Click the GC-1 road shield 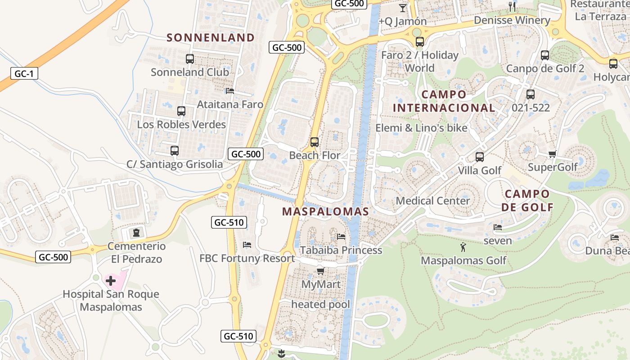pos(24,74)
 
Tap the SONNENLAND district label pos(211,38)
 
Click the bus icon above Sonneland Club pos(190,59)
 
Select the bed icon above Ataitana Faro pos(230,91)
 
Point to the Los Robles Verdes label pos(181,125)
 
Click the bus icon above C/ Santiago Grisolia pos(175,151)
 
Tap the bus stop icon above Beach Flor pos(315,142)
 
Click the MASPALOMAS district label pos(325,211)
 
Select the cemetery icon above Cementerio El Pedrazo pos(136,233)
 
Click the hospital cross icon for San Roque pos(111,281)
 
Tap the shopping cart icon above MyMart pos(320,271)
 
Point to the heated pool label pos(320,305)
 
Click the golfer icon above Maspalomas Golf pos(463,247)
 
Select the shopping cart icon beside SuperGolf pos(553,154)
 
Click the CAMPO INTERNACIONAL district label pos(444,101)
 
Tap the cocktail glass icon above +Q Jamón pos(402,8)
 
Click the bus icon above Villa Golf pos(480,157)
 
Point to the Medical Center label pos(433,201)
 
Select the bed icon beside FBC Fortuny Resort pos(247,245)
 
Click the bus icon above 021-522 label pos(531,94)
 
